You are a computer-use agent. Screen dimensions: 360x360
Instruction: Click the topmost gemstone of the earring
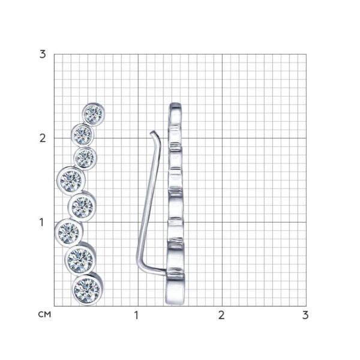coord(94,114)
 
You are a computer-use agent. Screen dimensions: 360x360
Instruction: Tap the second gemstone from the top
coord(82,134)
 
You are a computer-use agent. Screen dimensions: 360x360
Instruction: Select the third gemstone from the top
coord(85,158)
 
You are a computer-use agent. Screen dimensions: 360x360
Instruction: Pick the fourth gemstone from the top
coord(71,181)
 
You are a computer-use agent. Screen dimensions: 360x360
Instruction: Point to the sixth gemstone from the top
coord(68,233)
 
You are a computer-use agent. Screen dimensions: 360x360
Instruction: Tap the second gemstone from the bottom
coord(80,260)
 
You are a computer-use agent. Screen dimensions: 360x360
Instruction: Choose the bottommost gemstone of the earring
coord(87,290)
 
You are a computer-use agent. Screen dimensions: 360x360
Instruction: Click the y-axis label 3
coord(43,55)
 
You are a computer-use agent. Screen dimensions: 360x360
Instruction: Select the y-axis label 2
coord(43,139)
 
